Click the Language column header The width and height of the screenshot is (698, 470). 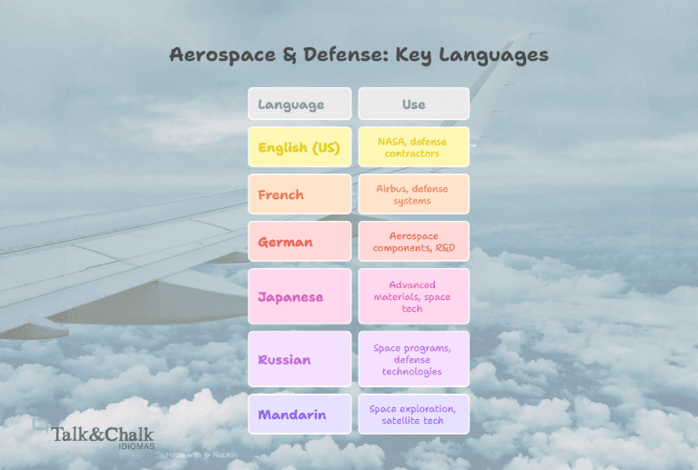click(299, 104)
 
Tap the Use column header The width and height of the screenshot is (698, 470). click(413, 104)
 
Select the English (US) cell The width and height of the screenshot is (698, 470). click(299, 147)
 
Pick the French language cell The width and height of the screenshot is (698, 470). click(299, 195)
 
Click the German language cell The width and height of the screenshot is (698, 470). click(299, 242)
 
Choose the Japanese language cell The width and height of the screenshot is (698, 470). click(299, 296)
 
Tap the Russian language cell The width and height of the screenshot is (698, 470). click(299, 359)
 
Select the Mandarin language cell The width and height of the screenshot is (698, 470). click(299, 414)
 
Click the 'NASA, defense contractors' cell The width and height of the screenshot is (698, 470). click(413, 147)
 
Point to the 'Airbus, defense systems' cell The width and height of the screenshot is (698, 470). click(413, 195)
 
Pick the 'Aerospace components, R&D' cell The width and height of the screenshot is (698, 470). click(413, 242)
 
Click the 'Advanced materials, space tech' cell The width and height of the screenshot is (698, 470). click(413, 296)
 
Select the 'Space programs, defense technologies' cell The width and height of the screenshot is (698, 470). click(413, 359)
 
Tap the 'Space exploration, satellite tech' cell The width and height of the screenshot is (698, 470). click(413, 414)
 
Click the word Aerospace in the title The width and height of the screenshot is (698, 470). click(223, 55)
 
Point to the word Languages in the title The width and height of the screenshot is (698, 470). click(493, 55)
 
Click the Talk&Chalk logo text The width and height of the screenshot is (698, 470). click(103, 434)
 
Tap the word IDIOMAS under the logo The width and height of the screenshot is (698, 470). click(137, 446)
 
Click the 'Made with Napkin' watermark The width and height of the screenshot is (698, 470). click(201, 455)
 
